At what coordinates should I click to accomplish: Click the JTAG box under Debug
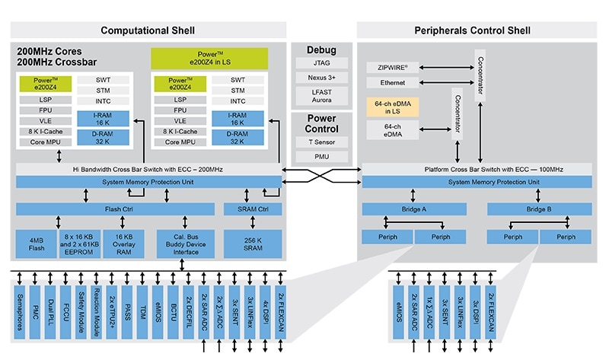[320, 63]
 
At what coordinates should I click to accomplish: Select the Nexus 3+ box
[320, 78]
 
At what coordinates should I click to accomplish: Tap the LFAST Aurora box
[320, 96]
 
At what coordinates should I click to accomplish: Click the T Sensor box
[320, 142]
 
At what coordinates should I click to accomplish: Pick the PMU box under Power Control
[320, 158]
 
